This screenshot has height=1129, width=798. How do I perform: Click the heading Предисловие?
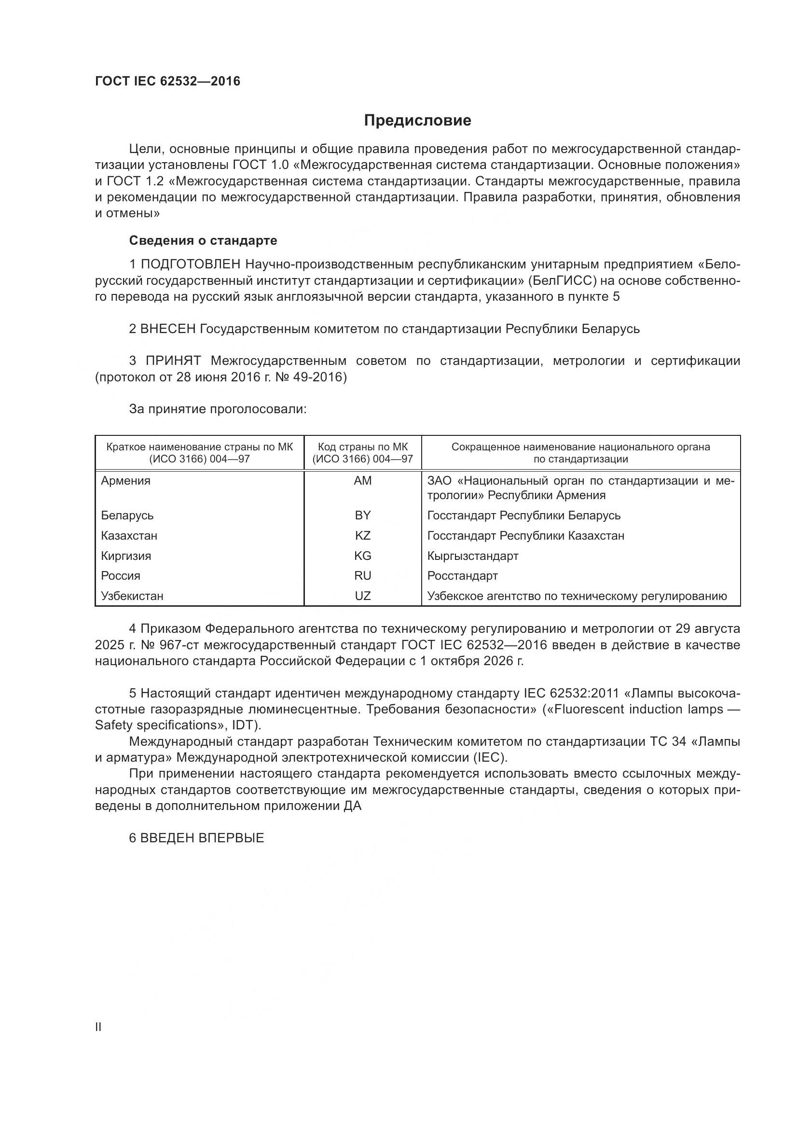417,121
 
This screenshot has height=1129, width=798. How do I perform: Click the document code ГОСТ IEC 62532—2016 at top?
167,81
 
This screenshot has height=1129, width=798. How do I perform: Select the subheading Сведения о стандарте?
203,240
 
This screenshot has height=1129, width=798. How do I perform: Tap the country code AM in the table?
363,481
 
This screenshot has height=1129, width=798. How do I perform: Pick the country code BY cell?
363,516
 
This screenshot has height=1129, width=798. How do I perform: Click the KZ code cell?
363,535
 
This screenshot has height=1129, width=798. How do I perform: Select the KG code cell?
363,556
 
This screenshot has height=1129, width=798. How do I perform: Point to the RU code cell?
363,576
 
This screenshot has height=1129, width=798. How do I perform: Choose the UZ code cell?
363,596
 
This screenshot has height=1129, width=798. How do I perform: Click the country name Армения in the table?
126,481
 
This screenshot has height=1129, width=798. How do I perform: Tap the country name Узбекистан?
132,596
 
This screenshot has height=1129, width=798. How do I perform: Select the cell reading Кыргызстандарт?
473,556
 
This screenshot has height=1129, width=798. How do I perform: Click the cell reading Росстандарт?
462,576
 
